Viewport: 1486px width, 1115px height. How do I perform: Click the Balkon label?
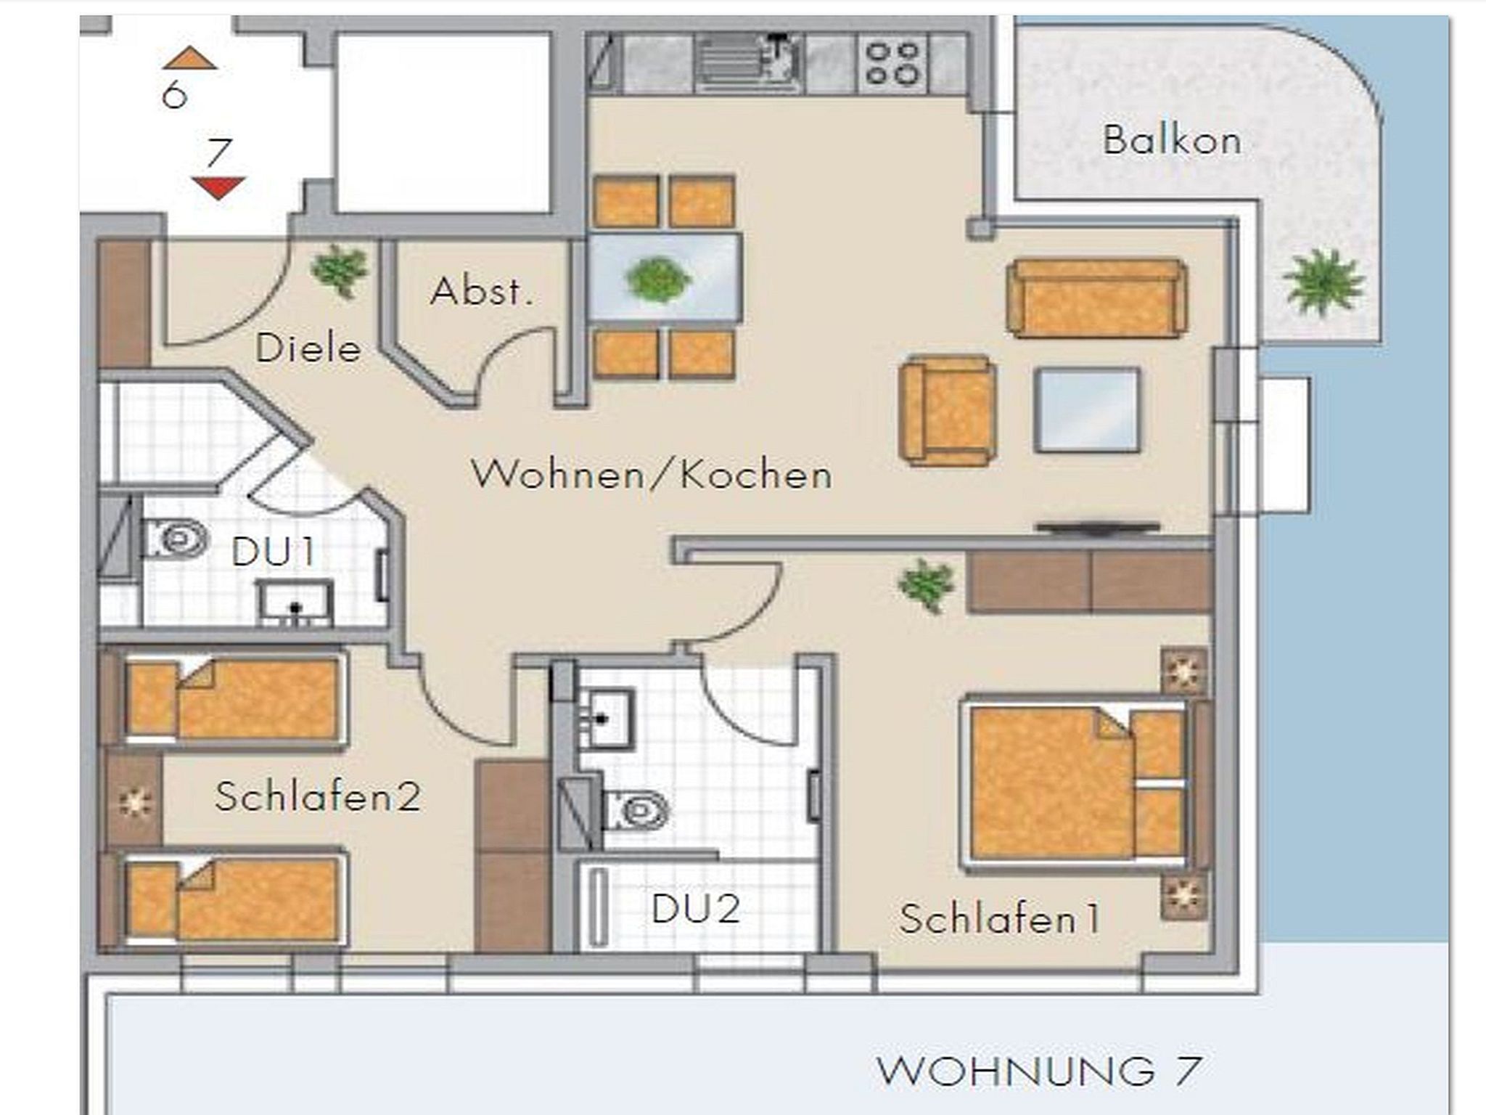[x=1172, y=140]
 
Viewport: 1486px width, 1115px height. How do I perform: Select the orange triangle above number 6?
[x=189, y=58]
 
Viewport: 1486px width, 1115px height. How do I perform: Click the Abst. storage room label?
[x=481, y=292]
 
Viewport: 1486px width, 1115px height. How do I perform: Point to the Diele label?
[x=308, y=348]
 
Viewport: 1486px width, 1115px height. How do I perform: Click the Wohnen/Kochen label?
[x=652, y=475]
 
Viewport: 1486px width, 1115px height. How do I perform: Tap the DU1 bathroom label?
[x=274, y=552]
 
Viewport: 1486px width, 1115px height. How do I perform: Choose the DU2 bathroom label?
[x=696, y=908]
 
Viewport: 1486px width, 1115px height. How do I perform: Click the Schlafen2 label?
[x=318, y=796]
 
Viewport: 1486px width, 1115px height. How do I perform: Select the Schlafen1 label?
[x=1000, y=919]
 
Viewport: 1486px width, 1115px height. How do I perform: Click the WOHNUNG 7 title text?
[x=1039, y=1071]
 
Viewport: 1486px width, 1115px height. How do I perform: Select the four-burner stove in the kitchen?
[x=892, y=63]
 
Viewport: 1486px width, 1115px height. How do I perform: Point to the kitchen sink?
[x=748, y=63]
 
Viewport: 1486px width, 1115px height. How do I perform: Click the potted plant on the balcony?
[x=1323, y=282]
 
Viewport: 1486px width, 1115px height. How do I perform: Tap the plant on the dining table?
[x=658, y=279]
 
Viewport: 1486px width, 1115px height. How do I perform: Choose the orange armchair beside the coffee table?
[x=947, y=410]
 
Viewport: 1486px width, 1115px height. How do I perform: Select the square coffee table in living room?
[x=1087, y=410]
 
